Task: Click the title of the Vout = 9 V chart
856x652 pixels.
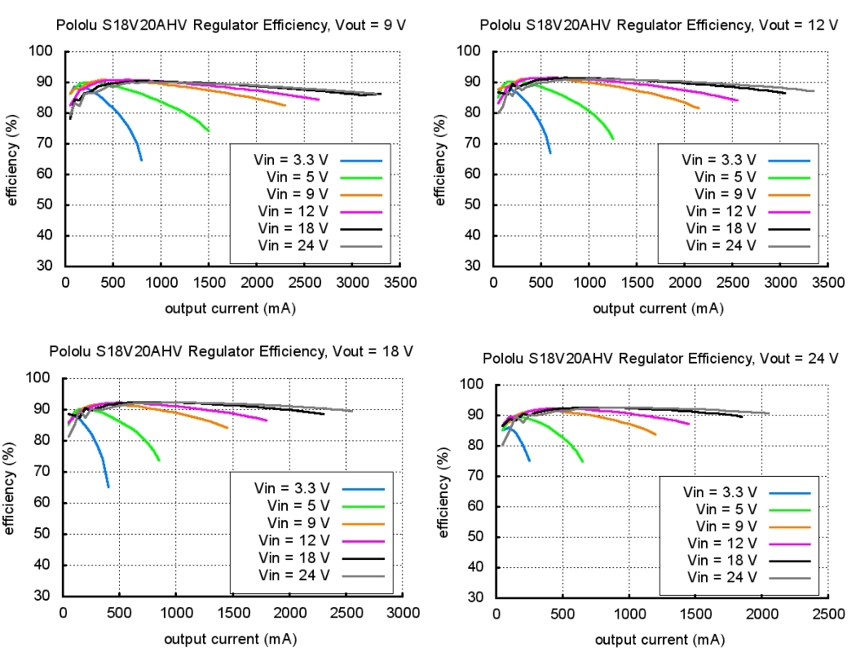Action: pos(231,25)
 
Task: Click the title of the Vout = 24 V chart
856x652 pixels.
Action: pos(660,359)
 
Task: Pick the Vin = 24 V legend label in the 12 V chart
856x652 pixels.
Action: pos(721,245)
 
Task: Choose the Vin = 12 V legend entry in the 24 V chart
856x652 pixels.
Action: pos(721,544)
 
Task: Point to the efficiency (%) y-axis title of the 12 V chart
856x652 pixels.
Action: pos(441,160)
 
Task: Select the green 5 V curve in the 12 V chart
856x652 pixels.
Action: pos(589,106)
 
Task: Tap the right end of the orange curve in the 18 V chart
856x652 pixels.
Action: pos(227,427)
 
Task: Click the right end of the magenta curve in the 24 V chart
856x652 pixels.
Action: pos(689,424)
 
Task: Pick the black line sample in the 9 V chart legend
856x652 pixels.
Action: pos(360,228)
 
